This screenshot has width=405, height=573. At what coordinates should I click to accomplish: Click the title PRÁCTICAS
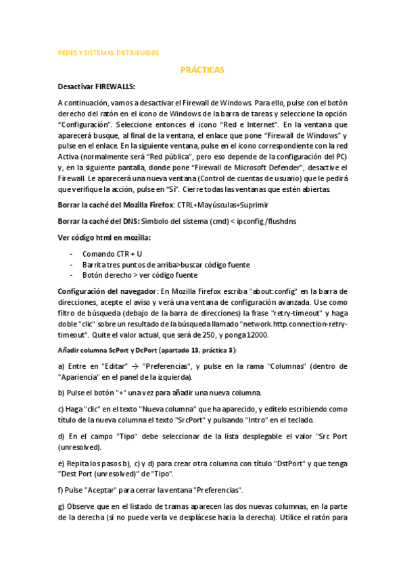202,70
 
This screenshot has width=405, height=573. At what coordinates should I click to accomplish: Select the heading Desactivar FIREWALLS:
97,86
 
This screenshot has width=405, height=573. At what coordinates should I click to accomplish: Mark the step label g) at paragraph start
62,506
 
